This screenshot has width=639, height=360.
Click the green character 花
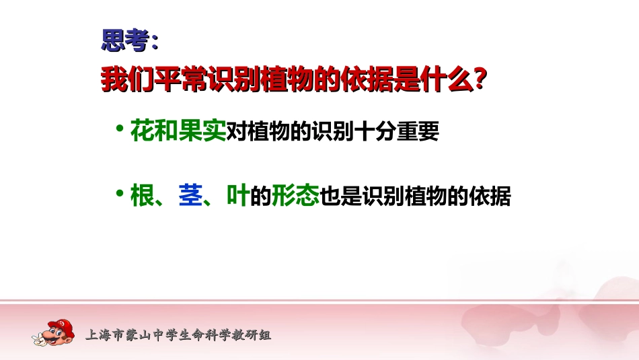pyautogui.click(x=142, y=131)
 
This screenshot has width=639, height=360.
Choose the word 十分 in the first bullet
pyautogui.click(x=375, y=132)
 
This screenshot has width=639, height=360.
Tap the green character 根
pyautogui.click(x=142, y=196)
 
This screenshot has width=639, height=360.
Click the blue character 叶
pyautogui.click(x=238, y=196)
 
